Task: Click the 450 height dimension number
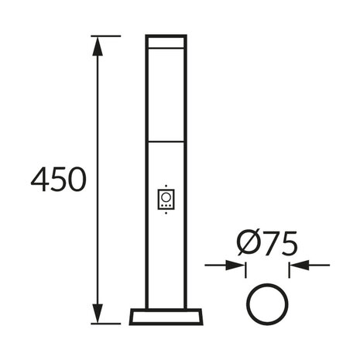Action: click(x=58, y=180)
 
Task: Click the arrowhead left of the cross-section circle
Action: click(x=238, y=266)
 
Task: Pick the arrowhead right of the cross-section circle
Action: click(x=296, y=266)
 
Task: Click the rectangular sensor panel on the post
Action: click(x=166, y=200)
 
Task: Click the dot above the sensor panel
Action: click(x=166, y=186)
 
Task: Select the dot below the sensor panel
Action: click(x=166, y=214)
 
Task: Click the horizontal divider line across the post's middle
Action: click(x=166, y=141)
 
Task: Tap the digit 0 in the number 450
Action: click(x=75, y=180)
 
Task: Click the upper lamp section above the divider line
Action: click(x=166, y=93)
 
